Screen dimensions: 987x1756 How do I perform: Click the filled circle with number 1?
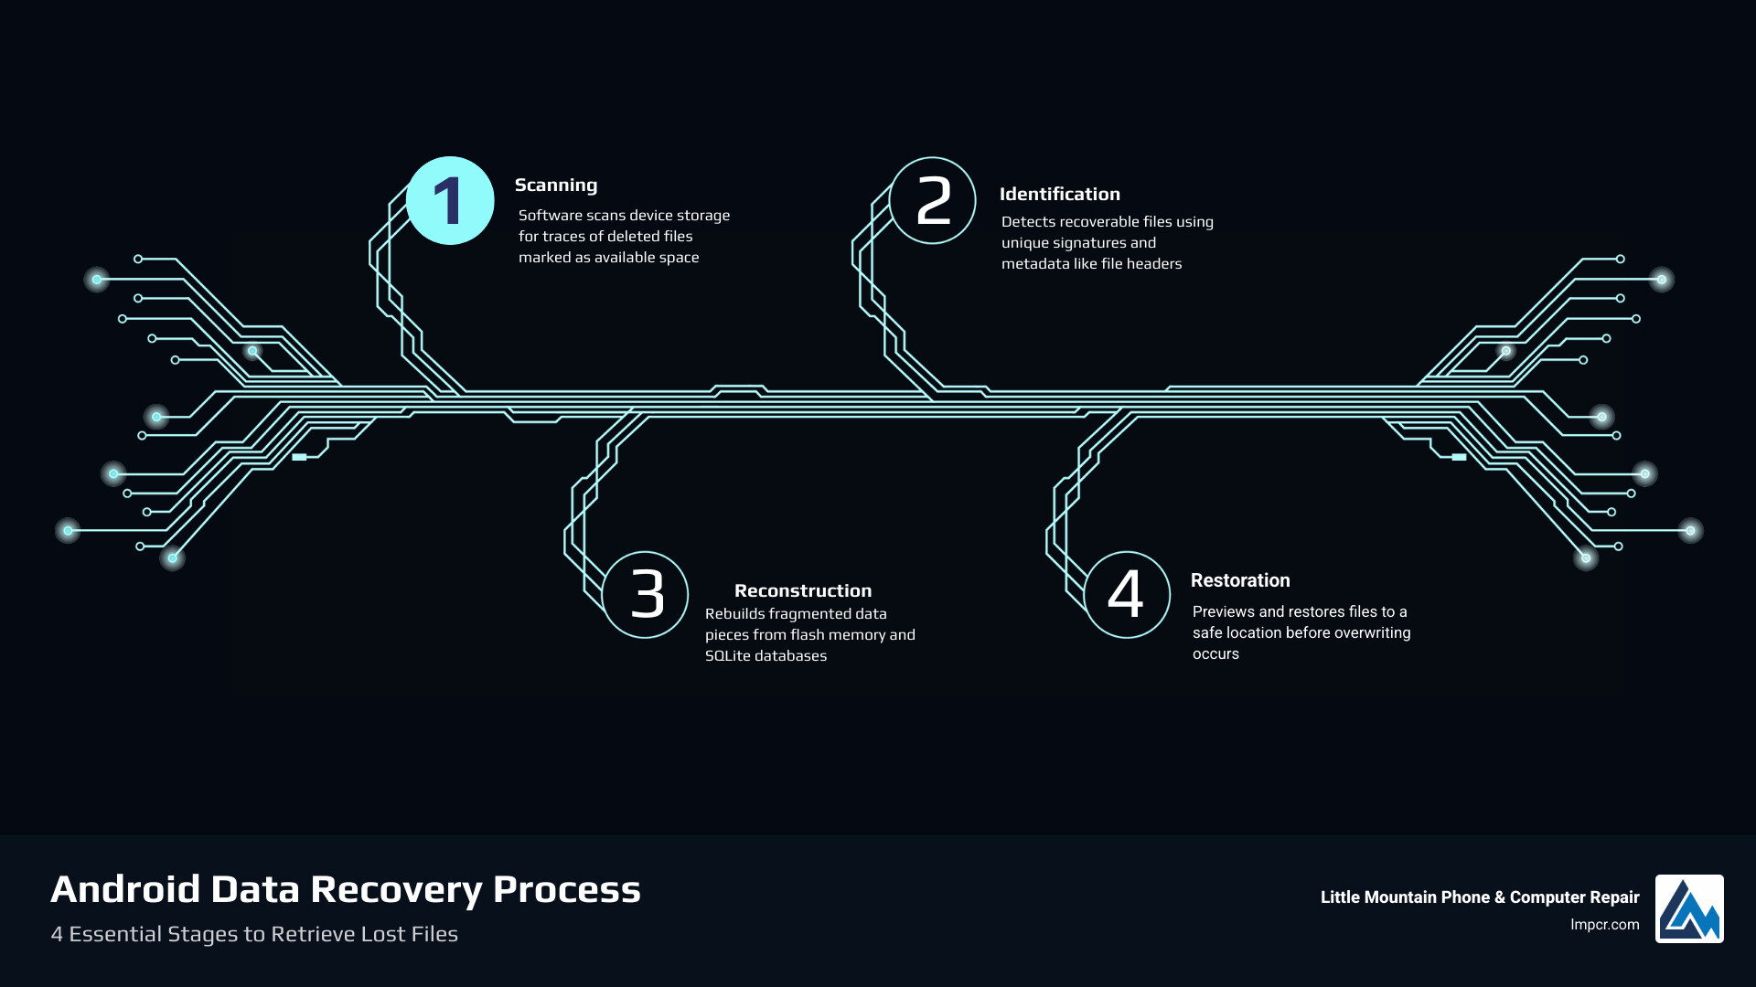click(x=450, y=201)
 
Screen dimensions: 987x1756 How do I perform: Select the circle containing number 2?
click(x=933, y=201)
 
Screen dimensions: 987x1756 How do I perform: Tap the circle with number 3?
click(x=646, y=595)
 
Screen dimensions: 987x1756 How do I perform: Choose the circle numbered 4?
click(x=1127, y=595)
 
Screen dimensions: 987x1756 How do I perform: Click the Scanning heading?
click(x=555, y=186)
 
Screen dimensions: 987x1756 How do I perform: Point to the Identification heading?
click(x=1059, y=195)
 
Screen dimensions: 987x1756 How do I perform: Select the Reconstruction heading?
click(x=802, y=591)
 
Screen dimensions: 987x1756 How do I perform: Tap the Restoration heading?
click(x=1239, y=581)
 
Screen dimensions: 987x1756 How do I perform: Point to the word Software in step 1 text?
click(x=550, y=216)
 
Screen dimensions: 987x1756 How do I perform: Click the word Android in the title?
click(x=125, y=889)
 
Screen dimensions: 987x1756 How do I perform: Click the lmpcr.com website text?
click(x=1604, y=925)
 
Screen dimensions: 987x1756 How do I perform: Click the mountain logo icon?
click(x=1688, y=908)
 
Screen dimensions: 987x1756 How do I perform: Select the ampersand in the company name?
click(x=1500, y=897)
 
